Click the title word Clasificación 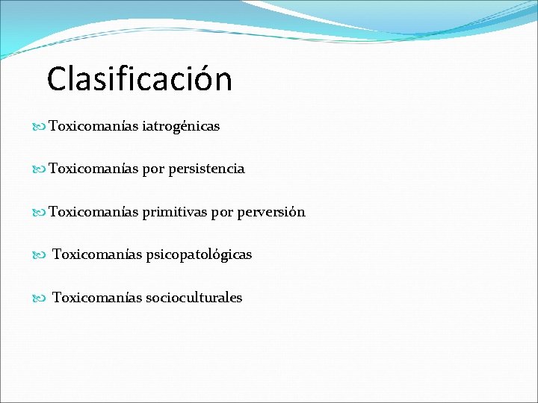point(139,79)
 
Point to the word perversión point(270,213)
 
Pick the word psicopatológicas point(199,255)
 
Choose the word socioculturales point(194,298)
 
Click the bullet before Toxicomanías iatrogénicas point(40,127)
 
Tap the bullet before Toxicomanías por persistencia point(40,169)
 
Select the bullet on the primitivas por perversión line point(40,213)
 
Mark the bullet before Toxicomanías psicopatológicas point(40,255)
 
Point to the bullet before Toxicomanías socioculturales point(40,298)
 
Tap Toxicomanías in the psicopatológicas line point(97,254)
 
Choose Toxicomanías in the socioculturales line point(97,298)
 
